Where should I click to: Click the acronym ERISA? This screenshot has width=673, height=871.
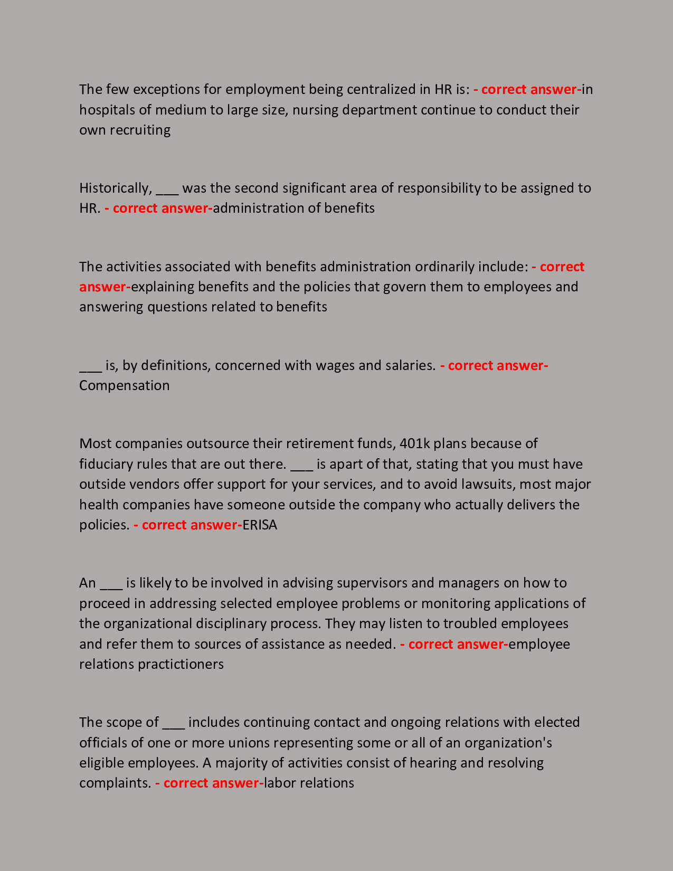[259, 525]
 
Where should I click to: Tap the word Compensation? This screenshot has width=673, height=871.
[125, 385]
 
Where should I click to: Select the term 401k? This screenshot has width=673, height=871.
[415, 443]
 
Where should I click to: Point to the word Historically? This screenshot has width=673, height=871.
[115, 188]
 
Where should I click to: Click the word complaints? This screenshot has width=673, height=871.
[115, 783]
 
